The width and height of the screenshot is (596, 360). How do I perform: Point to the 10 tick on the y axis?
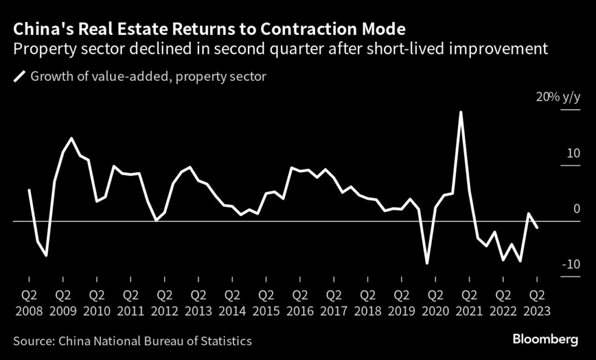click(x=573, y=154)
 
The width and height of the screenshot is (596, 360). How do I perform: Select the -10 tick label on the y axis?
click(x=570, y=265)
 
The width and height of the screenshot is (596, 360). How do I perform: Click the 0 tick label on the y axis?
click(x=577, y=209)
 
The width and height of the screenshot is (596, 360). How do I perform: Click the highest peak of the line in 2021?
click(x=461, y=112)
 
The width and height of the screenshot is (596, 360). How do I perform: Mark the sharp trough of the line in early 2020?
click(x=427, y=263)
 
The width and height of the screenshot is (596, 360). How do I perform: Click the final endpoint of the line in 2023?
click(x=537, y=228)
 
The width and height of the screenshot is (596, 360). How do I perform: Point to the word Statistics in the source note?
click(x=225, y=341)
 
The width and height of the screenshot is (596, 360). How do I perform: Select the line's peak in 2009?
click(x=72, y=138)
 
